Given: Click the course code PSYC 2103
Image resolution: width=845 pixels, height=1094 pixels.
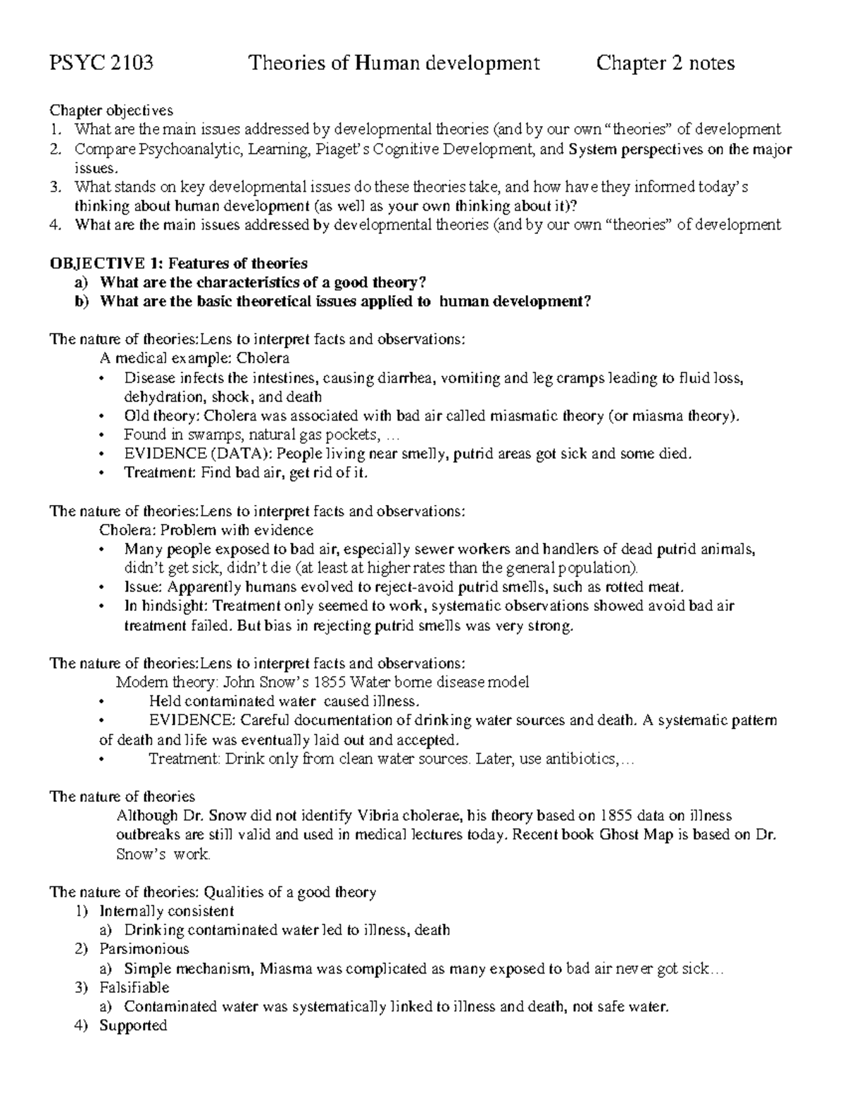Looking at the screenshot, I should [101, 64].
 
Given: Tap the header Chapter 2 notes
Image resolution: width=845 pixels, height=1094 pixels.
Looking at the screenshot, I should [665, 64].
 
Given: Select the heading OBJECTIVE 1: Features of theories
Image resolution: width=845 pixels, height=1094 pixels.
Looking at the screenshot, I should [178, 263].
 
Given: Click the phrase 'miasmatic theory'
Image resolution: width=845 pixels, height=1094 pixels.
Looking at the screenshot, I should [510, 416].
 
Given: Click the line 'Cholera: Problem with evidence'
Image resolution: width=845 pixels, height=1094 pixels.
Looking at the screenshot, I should [206, 530].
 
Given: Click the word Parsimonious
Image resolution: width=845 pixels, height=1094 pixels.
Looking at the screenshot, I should [144, 949].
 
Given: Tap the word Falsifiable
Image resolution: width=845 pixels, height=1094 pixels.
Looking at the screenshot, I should [134, 987].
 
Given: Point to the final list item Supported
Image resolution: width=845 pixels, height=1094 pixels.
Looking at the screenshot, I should [133, 1025].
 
